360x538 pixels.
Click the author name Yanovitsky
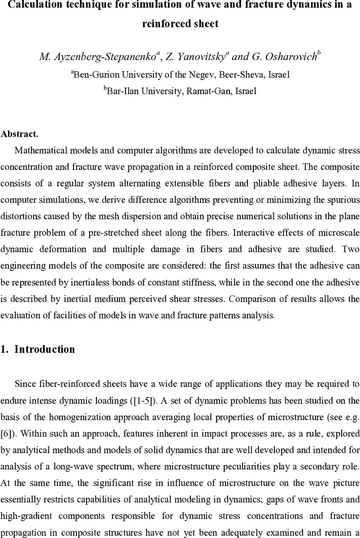point(201,56)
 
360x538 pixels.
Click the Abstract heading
point(19,134)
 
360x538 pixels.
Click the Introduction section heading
point(44,350)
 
